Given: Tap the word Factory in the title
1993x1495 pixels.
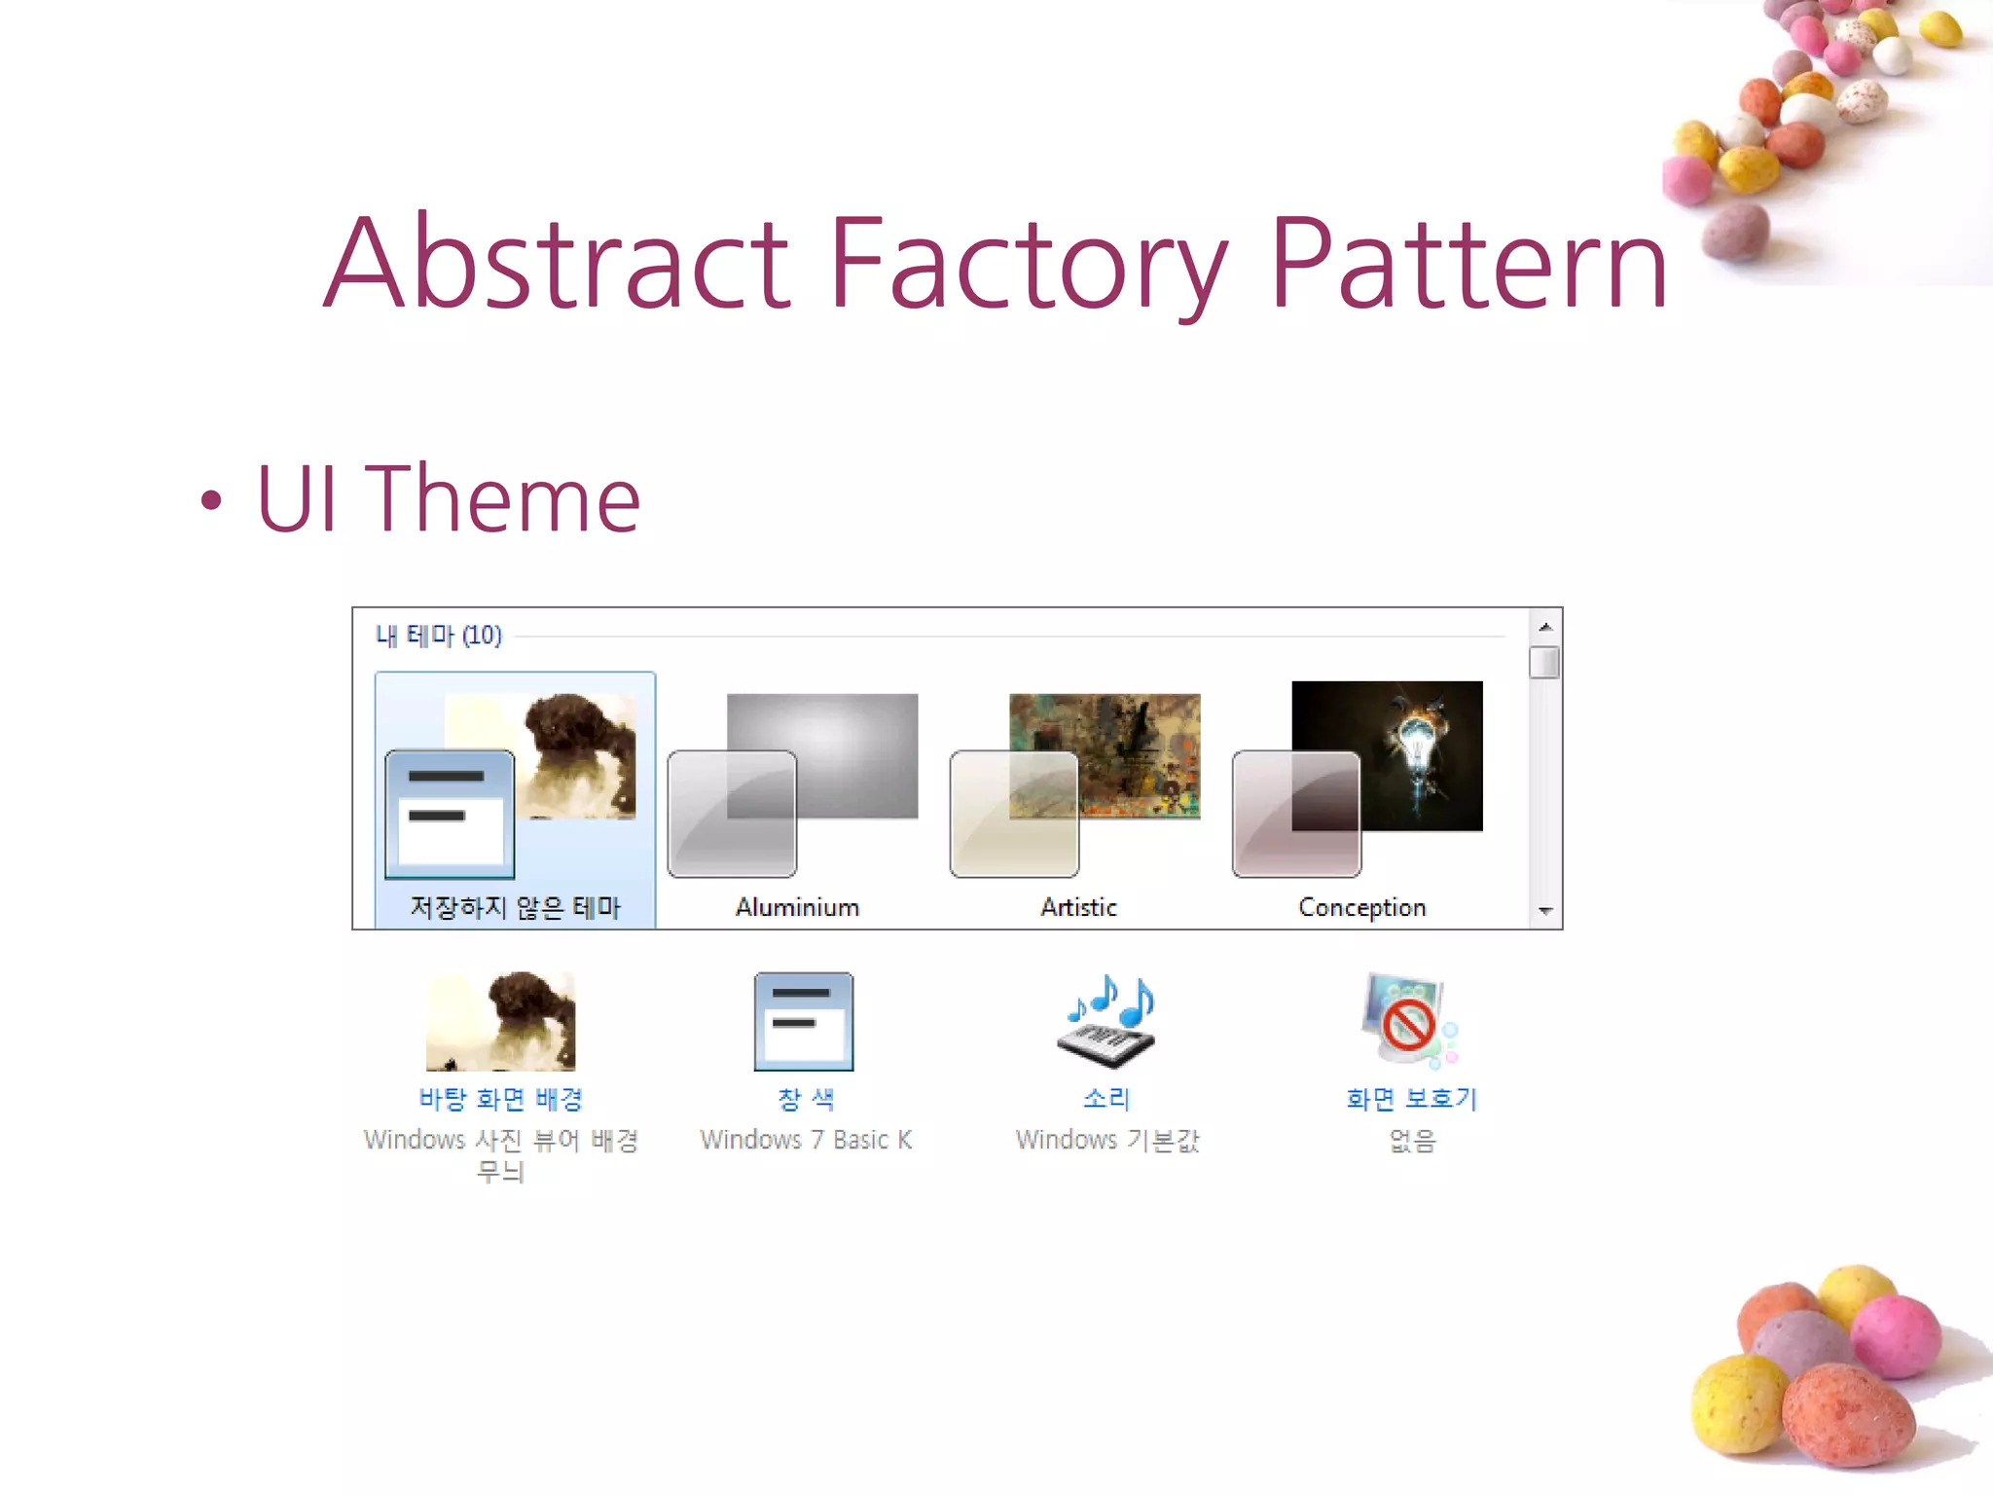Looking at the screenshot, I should pyautogui.click(x=1027, y=264).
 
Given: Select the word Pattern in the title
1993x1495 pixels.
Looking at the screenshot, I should pyautogui.click(x=1468, y=264).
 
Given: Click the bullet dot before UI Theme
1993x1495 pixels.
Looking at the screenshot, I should pyautogui.click(x=211, y=501).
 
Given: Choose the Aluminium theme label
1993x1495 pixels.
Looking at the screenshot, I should pyautogui.click(x=797, y=907).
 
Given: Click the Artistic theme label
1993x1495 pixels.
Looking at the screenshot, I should pyautogui.click(x=1078, y=907).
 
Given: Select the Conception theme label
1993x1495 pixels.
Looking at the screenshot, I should pyautogui.click(x=1361, y=907).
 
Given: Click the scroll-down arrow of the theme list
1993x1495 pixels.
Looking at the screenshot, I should pyautogui.click(x=1545, y=911).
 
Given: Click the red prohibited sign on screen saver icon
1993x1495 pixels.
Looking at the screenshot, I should pyautogui.click(x=1408, y=1024).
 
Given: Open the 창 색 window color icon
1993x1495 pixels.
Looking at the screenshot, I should pyautogui.click(x=804, y=1021).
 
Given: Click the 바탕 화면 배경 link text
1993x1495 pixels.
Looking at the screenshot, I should pyautogui.click(x=500, y=1099).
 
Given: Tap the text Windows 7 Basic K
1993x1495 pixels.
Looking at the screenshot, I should pyautogui.click(x=806, y=1140).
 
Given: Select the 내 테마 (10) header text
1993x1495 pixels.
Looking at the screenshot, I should pyautogui.click(x=439, y=636).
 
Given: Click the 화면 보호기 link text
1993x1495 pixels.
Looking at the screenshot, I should pyautogui.click(x=1411, y=1099).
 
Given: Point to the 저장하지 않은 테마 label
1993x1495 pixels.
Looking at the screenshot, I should pyautogui.click(x=515, y=907).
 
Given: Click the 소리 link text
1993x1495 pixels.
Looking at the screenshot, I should pyautogui.click(x=1105, y=1099).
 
